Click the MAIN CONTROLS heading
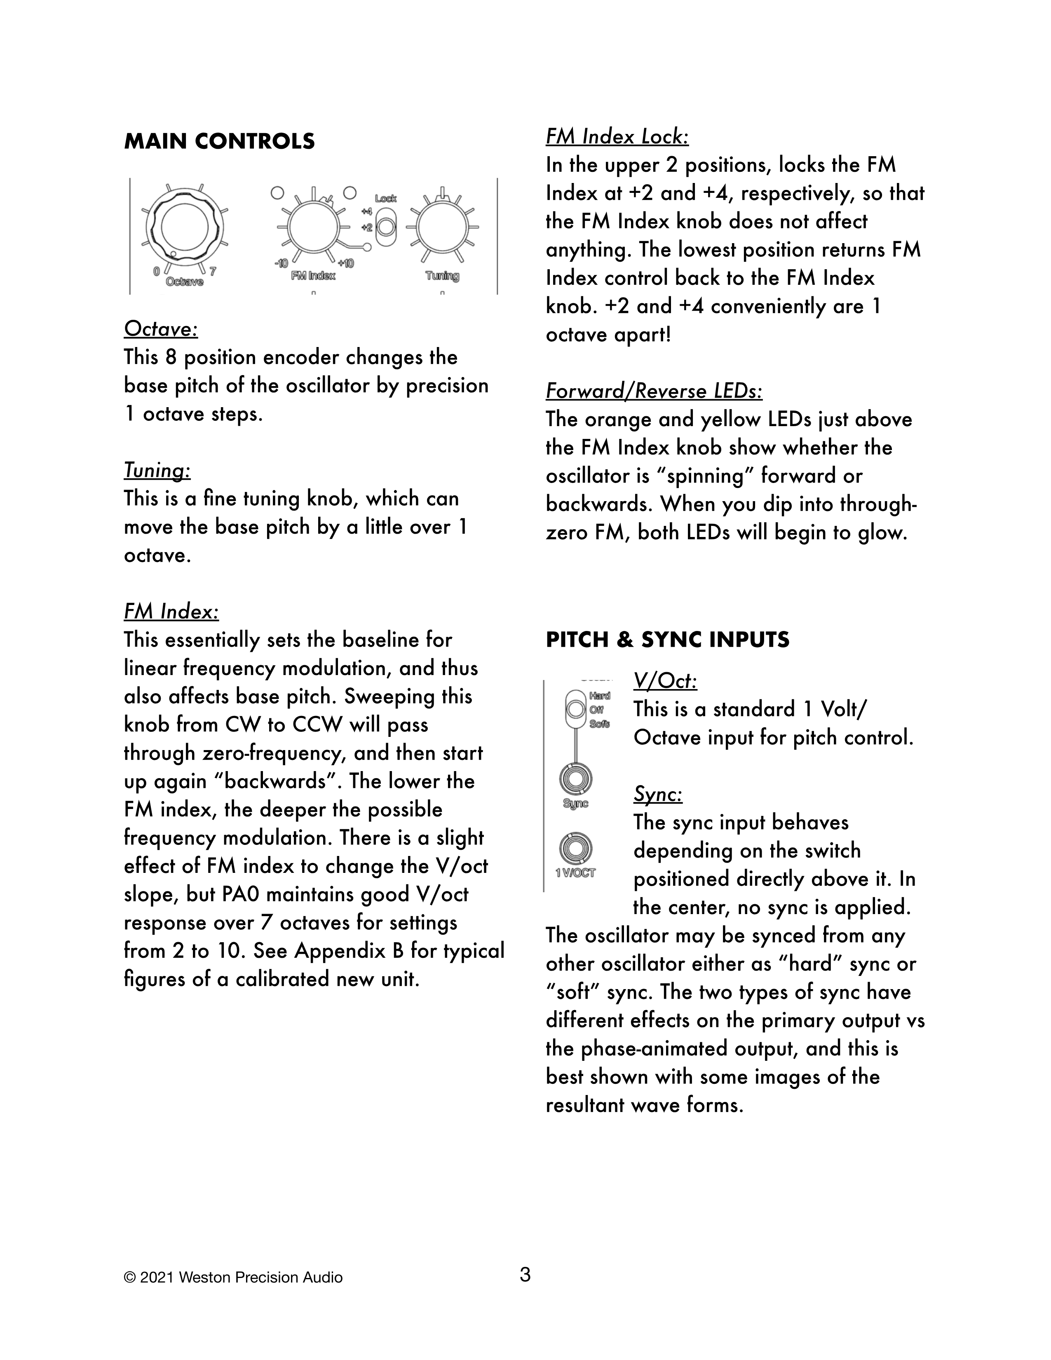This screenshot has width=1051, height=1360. coord(219,142)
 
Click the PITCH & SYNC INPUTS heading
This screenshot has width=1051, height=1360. coord(667,640)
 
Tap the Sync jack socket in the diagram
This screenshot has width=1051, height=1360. coord(575,779)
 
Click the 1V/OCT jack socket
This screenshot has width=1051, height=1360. coord(575,848)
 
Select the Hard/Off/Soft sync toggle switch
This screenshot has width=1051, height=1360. coord(575,709)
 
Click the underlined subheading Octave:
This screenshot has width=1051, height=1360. coord(161,329)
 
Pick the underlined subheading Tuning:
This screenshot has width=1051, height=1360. coord(157,470)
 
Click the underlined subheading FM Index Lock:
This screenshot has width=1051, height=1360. coord(617,137)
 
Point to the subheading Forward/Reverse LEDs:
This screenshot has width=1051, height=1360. coord(654,392)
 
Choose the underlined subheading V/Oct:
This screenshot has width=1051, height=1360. coord(665,681)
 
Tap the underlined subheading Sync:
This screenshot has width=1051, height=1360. coord(657,795)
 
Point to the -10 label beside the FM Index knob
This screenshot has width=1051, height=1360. coord(281,263)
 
